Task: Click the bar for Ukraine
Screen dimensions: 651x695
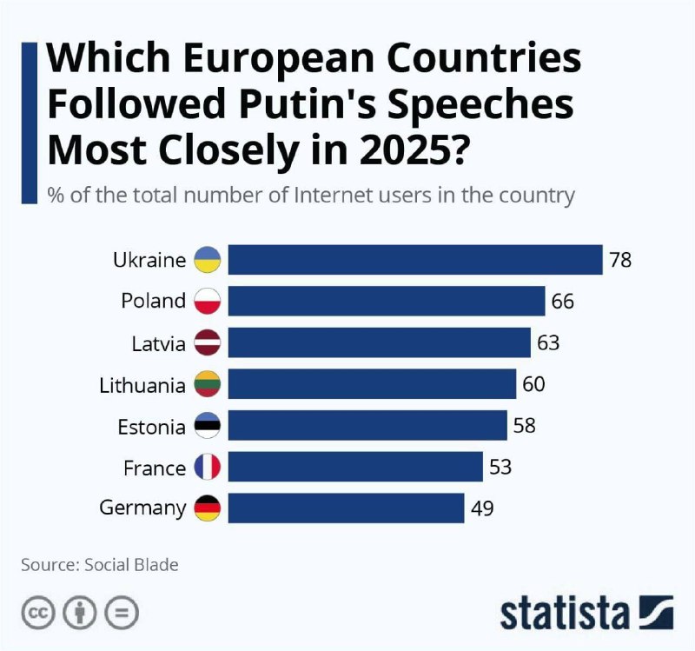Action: pos(415,260)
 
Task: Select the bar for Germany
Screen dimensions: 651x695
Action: pos(346,508)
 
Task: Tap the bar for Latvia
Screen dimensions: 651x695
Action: pos(379,342)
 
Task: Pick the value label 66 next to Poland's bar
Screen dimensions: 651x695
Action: pos(563,302)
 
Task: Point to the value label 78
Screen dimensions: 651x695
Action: pos(620,260)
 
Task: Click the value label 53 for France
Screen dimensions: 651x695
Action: pos(500,468)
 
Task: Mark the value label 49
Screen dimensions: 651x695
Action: pos(482,508)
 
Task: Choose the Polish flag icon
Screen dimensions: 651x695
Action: pos(208,302)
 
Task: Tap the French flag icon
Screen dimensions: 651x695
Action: pos(208,468)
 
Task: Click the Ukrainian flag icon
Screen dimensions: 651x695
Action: pos(208,260)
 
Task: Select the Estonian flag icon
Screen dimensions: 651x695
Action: pos(208,426)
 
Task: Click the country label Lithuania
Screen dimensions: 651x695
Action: pos(142,385)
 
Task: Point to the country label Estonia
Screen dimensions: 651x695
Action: pos(151,427)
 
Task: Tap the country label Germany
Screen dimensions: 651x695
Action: pos(142,509)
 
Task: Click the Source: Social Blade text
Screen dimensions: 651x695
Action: pos(100,565)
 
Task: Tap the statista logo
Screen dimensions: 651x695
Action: pos(586,612)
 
